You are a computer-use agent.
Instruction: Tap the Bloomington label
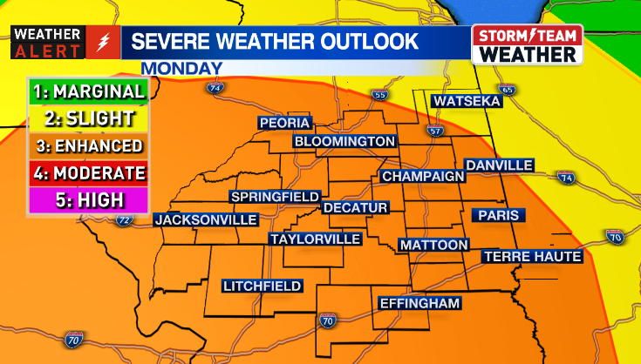(x=344, y=141)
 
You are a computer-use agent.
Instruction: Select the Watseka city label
(x=467, y=102)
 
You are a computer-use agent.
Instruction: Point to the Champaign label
(x=423, y=176)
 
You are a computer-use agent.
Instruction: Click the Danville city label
(x=499, y=165)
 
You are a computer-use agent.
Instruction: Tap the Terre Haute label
(x=532, y=257)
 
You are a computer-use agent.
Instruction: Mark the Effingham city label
(x=419, y=303)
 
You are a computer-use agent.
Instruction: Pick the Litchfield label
(x=262, y=286)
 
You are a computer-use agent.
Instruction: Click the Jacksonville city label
(x=206, y=219)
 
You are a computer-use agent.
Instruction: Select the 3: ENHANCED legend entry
(x=86, y=145)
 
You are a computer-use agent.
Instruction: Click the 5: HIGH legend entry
(x=86, y=199)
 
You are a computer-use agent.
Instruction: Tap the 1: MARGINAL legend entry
(x=86, y=91)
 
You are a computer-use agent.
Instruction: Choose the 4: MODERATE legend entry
(x=86, y=172)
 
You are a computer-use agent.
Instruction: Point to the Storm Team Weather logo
(x=527, y=44)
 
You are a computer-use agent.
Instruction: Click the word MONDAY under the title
(x=181, y=68)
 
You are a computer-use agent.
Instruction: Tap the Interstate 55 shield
(x=378, y=94)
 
